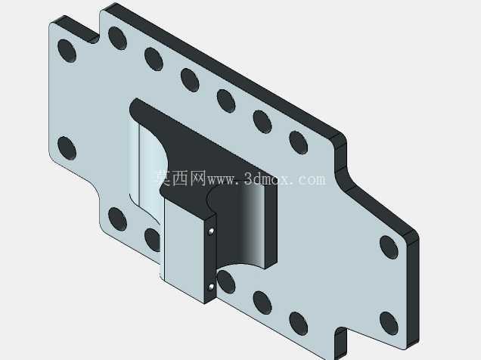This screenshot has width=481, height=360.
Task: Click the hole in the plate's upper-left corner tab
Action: point(67,51)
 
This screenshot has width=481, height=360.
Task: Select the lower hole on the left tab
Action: point(67,148)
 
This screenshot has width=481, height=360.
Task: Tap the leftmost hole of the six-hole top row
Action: point(117,39)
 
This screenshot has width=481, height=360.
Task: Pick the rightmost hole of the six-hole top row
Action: point(299,142)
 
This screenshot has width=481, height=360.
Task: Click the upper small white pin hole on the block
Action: point(211,231)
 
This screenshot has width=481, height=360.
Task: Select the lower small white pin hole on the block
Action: point(211,287)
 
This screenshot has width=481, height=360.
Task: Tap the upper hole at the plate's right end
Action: point(389,247)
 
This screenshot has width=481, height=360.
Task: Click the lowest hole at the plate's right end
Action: point(389,324)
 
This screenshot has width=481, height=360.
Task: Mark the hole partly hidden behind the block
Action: point(153,240)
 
